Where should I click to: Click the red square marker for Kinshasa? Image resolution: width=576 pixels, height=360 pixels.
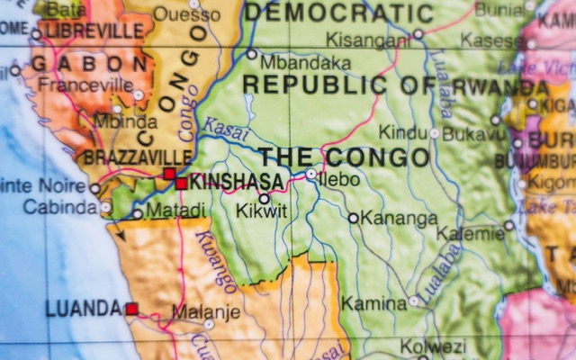pyautogui.click(x=182, y=184)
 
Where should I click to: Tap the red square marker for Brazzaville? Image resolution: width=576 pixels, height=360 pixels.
pyautogui.click(x=168, y=174)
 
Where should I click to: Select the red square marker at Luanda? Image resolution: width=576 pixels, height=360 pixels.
pyautogui.click(x=131, y=309)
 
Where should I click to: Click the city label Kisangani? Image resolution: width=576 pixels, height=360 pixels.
pyautogui.click(x=366, y=40)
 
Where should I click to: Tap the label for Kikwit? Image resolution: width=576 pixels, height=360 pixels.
pyautogui.click(x=262, y=212)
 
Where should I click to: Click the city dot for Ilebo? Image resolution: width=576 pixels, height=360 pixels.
pyautogui.click(x=311, y=173)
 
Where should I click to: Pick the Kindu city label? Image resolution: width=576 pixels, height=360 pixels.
pyautogui.click(x=401, y=133)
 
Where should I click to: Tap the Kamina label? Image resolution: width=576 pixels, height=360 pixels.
pyautogui.click(x=373, y=303)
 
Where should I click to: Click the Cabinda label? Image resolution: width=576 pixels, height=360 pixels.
pyautogui.click(x=59, y=207)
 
